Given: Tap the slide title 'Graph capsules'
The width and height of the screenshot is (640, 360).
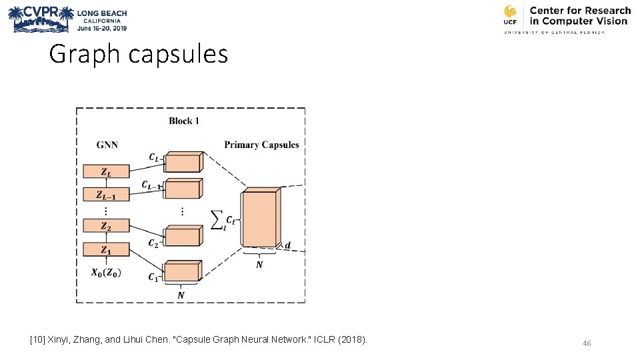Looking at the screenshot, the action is [x=138, y=54].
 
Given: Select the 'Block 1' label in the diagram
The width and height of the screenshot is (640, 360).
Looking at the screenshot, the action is [x=184, y=121].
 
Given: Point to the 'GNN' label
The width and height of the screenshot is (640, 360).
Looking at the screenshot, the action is [x=107, y=144].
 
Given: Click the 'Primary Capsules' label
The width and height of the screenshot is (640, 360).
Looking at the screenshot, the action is [x=261, y=145].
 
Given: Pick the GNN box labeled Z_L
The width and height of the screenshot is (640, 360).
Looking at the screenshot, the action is [x=106, y=171].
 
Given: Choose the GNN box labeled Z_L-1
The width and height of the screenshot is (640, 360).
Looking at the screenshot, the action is [x=106, y=195].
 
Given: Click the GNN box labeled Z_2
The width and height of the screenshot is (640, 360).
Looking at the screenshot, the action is [x=106, y=226].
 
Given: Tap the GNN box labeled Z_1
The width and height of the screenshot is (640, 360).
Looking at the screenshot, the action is [x=106, y=250].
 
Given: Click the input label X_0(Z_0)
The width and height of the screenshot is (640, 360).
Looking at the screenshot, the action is [x=106, y=273].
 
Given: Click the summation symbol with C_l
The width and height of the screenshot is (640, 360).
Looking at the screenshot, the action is [x=223, y=219].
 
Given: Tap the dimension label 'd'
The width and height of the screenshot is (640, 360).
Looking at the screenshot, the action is [x=287, y=245].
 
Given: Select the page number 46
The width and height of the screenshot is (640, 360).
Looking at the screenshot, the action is [x=587, y=343].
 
